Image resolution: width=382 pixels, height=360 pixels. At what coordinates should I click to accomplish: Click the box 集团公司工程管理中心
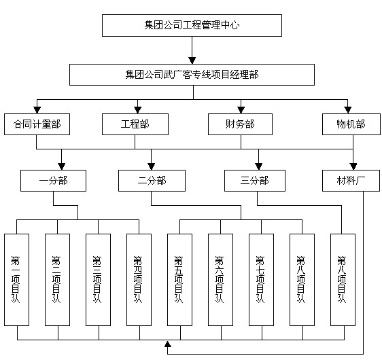pos(192,26)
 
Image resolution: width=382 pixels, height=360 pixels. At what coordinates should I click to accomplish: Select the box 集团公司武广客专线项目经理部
pos(192,75)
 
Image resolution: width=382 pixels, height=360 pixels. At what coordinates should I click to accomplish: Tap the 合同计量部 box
pos(37,124)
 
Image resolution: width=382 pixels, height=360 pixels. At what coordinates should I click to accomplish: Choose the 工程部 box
pos(135,124)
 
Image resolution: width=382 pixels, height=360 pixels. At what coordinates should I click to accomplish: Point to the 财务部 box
pos(240,124)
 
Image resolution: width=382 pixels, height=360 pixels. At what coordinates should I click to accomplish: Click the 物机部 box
pos(351,124)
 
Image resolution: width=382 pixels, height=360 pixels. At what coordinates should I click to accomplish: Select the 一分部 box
pos(53,181)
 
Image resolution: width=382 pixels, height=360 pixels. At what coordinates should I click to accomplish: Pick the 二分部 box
pos(152,181)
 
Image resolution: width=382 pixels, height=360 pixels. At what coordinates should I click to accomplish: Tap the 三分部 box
pos(255,181)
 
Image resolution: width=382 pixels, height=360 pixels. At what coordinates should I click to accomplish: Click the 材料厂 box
pos(351,181)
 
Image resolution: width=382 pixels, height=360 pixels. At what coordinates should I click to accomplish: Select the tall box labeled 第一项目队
pos(16,280)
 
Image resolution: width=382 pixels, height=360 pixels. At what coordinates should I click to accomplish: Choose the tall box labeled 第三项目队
pos(98,280)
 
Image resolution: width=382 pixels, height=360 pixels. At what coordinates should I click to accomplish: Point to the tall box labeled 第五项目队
pos(180,280)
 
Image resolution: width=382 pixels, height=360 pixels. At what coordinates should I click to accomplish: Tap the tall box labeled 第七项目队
pos(262,280)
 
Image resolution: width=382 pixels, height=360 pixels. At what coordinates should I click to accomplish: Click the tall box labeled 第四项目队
pos(139,280)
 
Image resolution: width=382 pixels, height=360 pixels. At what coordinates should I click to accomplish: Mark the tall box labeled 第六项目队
pos(221,280)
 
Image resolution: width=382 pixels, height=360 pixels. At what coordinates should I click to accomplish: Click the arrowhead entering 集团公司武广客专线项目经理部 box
pos(192,60)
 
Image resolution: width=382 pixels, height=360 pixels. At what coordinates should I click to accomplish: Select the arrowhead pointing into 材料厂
pos(353,166)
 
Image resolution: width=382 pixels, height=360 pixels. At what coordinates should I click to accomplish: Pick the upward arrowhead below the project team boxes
pos(168,344)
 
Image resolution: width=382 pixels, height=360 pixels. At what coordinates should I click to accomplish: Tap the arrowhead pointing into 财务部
pos(241,110)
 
